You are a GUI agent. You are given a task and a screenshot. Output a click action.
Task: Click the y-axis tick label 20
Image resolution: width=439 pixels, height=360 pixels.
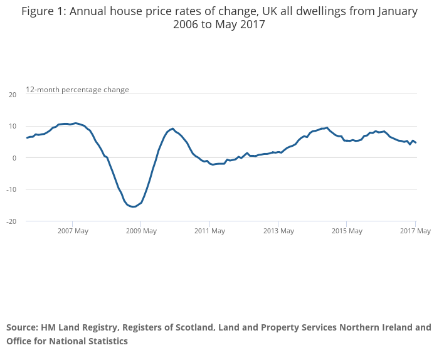13,95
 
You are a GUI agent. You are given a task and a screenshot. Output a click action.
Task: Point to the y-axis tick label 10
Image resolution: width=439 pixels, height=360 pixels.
13,126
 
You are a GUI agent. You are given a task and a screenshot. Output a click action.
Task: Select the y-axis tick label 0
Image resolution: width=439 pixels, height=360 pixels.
14,158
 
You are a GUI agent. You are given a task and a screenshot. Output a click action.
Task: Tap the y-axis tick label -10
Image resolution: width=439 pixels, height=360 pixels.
11,189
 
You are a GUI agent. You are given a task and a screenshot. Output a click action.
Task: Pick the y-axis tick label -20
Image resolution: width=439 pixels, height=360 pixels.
11,221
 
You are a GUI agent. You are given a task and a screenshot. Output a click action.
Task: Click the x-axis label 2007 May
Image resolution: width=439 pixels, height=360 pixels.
73,231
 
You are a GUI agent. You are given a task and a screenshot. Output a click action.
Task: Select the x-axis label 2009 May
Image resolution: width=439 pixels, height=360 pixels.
141,231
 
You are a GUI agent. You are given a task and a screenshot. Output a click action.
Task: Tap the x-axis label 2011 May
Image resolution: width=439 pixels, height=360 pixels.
209,231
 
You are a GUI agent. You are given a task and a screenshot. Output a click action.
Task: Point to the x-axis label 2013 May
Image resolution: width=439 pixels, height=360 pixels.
278,231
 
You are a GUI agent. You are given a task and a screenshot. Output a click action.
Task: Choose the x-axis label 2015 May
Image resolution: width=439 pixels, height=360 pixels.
347,231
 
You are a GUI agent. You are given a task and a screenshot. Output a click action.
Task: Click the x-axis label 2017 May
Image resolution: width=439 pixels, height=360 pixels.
415,231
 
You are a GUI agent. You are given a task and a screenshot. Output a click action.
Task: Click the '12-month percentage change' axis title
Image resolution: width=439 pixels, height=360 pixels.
77,90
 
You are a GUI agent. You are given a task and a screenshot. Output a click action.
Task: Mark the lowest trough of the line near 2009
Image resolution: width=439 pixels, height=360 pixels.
134,207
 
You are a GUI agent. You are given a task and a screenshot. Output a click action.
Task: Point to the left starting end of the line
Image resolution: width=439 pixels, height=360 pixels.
27,137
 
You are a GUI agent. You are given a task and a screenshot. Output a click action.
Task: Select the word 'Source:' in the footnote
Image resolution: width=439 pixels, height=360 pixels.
21,327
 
